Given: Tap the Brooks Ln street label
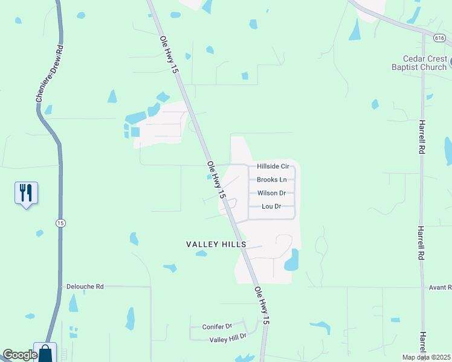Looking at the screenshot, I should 271,180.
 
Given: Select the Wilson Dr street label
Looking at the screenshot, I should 271,193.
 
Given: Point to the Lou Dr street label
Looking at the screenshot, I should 271,206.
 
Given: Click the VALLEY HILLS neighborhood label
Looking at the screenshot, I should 216,244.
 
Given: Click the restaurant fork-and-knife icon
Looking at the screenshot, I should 26,193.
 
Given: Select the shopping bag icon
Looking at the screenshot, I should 45,353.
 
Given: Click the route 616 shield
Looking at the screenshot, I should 439,37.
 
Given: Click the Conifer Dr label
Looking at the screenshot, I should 217,326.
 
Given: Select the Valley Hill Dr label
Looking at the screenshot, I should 228,339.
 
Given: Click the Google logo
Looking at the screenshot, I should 20,355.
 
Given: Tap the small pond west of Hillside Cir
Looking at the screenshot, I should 209,177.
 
